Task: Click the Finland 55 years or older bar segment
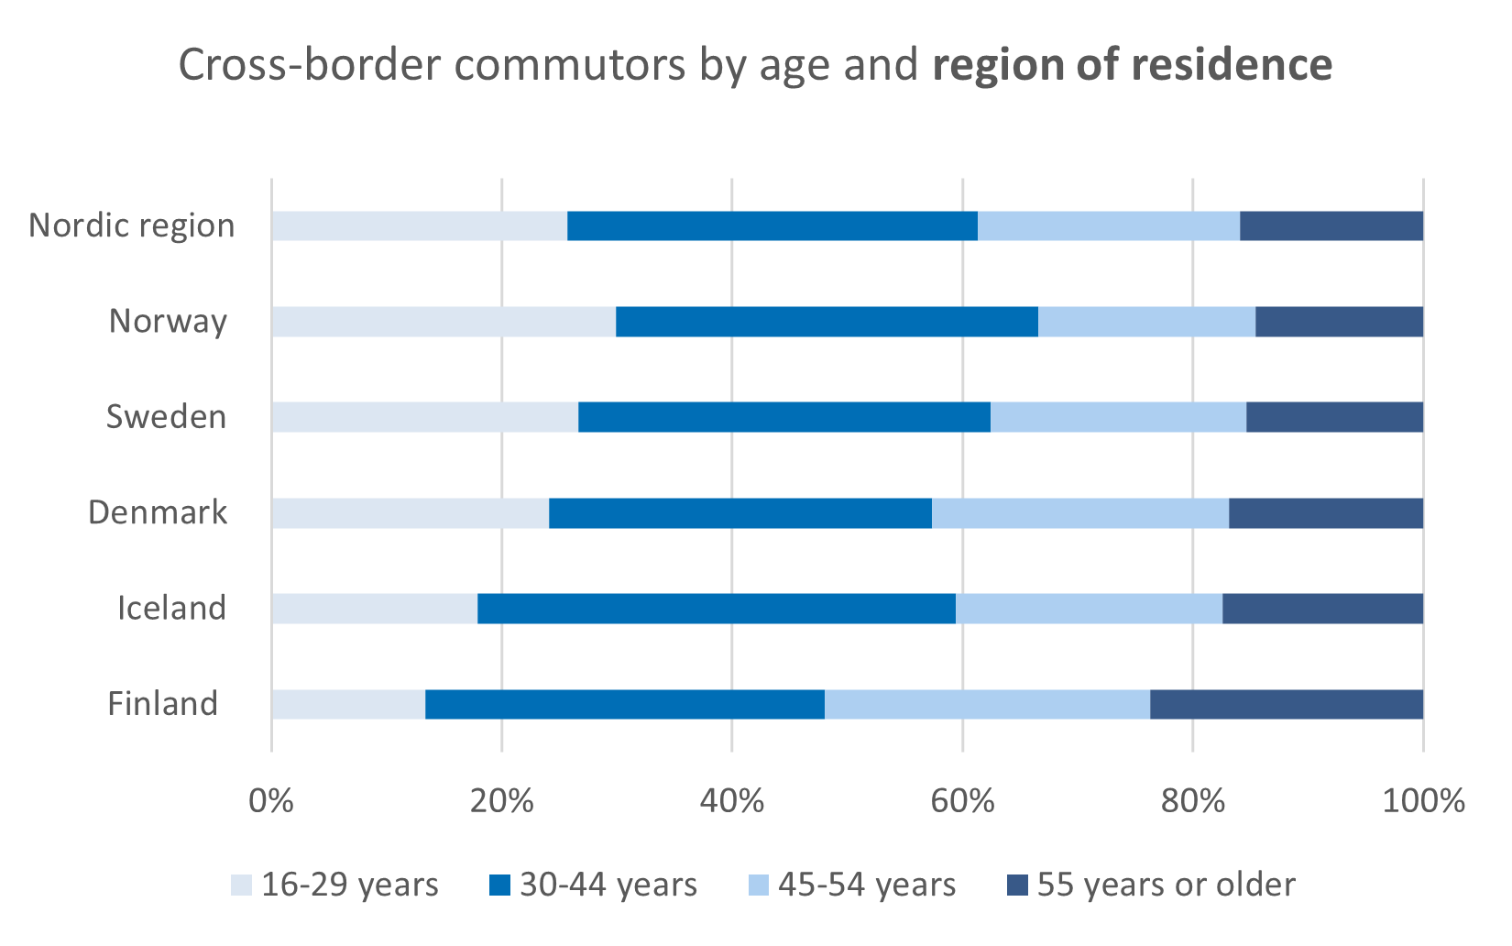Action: tap(1287, 704)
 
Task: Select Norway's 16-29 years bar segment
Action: tap(444, 322)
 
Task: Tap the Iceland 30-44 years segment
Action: tap(717, 609)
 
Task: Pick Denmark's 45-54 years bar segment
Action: tap(1080, 513)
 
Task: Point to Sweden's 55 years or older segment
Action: tap(1334, 417)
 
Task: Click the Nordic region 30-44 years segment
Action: tap(772, 225)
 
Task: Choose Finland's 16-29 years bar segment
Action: tap(348, 704)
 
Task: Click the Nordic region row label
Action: tap(132, 225)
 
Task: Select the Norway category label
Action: tap(168, 322)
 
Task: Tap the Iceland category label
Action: tap(171, 609)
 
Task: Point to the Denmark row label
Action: tap(158, 512)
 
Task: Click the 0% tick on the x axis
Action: tap(271, 801)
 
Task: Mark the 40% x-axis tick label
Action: tap(731, 801)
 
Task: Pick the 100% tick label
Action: tap(1423, 801)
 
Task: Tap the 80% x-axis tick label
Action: tap(1192, 801)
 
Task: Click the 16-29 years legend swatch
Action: tap(241, 885)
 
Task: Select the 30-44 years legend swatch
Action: tap(499, 885)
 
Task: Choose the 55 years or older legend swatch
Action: tap(1017, 885)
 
